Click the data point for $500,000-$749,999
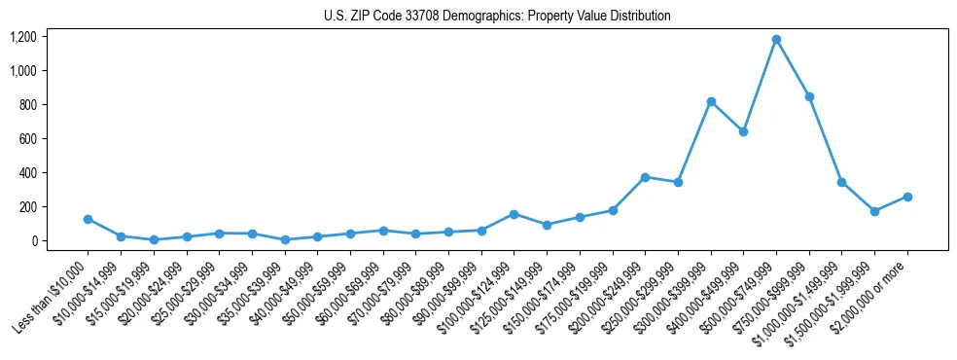(776, 40)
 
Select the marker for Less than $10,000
(88, 220)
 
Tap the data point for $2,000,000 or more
(907, 197)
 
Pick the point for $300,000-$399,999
(711, 101)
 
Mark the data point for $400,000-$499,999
(743, 131)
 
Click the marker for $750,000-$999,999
(809, 96)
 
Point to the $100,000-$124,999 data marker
(514, 214)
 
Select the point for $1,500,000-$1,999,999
(874, 211)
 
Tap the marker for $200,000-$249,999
(645, 177)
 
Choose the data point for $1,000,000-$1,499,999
(841, 182)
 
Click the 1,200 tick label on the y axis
(23, 37)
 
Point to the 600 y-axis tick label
(27, 139)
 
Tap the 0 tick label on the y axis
(33, 241)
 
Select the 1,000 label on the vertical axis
(23, 71)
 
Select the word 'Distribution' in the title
(639, 17)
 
